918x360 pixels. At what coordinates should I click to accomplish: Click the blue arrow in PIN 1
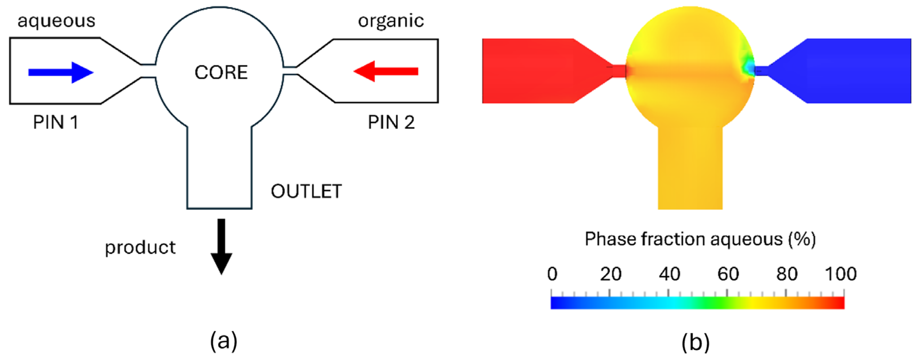61,72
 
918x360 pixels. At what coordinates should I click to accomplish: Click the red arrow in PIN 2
386,71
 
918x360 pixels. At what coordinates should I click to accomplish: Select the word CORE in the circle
221,72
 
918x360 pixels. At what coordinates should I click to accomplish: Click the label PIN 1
55,123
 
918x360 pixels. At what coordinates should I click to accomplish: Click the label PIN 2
391,123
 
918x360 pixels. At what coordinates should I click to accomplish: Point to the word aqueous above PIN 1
56,21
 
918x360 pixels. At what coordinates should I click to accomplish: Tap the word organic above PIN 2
391,21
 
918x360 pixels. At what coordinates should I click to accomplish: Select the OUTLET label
306,191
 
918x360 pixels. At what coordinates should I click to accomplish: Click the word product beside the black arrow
140,247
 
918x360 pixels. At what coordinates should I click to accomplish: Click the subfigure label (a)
224,341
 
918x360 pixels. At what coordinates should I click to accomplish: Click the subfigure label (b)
695,342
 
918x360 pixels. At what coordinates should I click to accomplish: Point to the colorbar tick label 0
552,274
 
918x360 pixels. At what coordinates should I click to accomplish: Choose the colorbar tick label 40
669,274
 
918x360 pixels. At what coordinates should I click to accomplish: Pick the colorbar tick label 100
841,274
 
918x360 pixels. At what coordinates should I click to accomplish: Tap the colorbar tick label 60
728,274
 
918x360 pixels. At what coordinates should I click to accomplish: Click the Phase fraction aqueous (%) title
700,239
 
